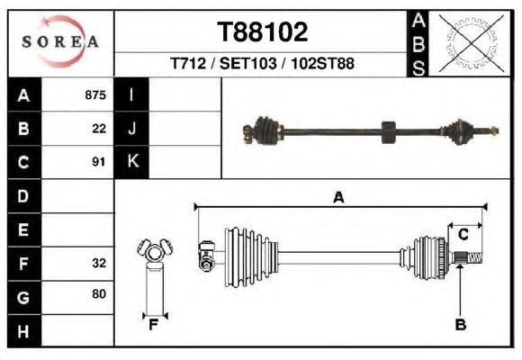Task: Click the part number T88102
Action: pos(262,32)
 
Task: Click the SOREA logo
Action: pos(60,41)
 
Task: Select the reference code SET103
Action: pos(248,63)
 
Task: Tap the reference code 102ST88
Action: pos(322,63)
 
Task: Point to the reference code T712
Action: pos(188,63)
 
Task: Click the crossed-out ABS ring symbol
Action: pos(471,43)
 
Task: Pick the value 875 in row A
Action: pos(95,94)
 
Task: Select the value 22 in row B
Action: pos(99,129)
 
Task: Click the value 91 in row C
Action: pos(98,162)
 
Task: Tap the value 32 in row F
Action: pos(99,263)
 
